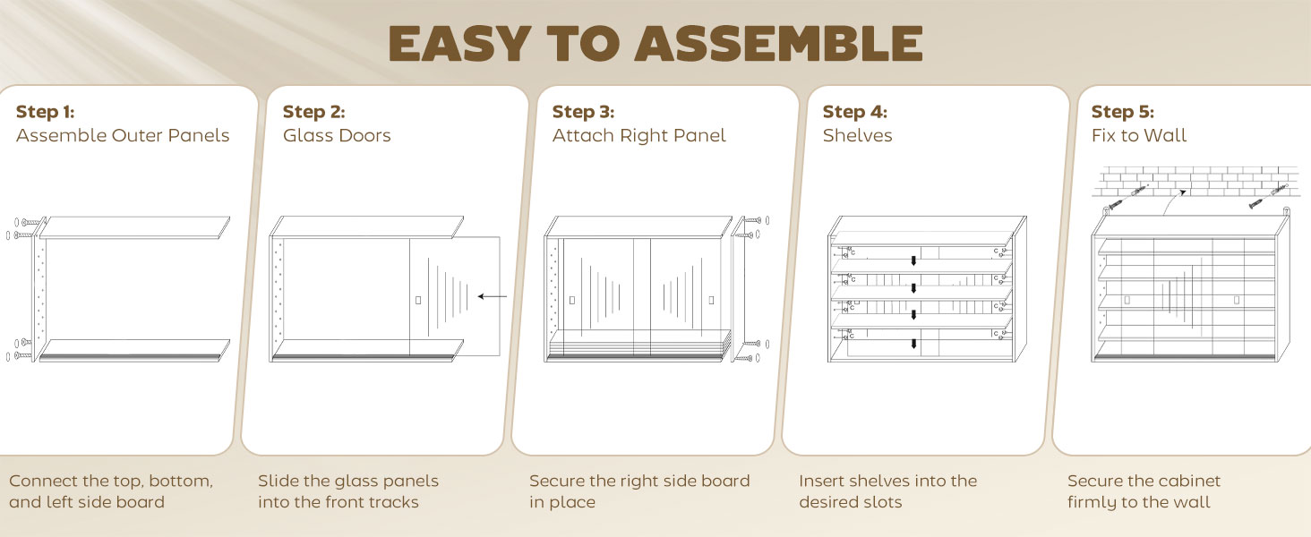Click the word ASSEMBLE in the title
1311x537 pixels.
[779, 43]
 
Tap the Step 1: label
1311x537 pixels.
[45, 111]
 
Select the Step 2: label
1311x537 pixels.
[313, 111]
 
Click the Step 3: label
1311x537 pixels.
[583, 111]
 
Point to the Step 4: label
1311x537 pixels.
[854, 111]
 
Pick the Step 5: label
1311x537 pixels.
[1123, 111]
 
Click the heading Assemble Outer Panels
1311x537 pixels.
[123, 135]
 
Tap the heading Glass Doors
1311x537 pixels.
[337, 135]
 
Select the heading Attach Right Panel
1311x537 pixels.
[638, 136]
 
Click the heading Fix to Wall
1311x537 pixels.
[1138, 135]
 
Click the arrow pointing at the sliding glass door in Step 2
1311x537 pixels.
[493, 296]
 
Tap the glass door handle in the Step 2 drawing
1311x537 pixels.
[418, 300]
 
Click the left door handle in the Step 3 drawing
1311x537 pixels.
[572, 300]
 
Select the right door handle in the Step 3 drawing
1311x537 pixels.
[711, 300]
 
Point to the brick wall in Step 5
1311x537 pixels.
[1194, 182]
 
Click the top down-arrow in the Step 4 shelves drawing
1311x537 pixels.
[913, 260]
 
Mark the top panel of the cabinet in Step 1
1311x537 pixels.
[134, 227]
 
